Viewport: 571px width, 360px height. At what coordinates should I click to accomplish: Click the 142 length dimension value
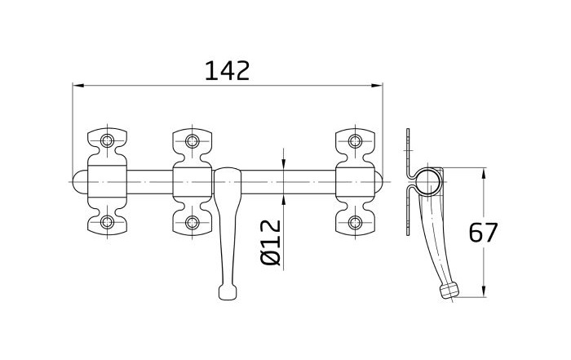(x=228, y=71)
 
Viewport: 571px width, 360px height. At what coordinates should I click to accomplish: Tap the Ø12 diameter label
(x=272, y=242)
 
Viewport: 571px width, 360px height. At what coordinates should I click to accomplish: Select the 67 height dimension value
(x=483, y=233)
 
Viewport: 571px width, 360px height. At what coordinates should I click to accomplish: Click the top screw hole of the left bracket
(x=107, y=140)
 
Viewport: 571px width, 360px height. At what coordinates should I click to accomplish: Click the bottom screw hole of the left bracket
(x=107, y=221)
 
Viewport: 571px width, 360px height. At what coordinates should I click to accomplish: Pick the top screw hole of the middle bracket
(x=192, y=141)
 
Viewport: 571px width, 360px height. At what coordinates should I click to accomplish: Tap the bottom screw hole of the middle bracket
(x=192, y=222)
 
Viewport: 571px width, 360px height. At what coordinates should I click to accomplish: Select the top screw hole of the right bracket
(x=355, y=141)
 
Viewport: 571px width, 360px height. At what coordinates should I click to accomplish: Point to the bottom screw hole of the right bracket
(x=355, y=222)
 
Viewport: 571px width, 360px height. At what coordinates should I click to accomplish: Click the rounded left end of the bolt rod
(x=80, y=181)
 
